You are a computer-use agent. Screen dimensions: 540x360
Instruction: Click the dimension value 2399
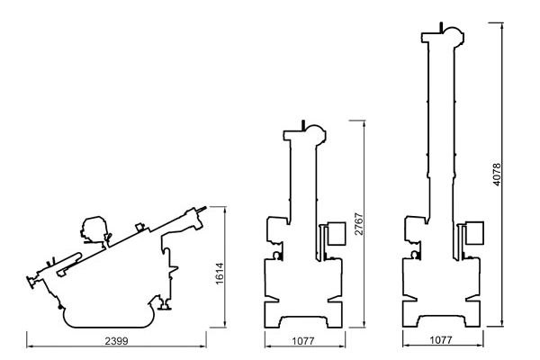[116, 341]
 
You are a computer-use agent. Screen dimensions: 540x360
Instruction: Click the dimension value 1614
[220, 274]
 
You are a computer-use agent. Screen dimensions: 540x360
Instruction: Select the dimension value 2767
[358, 224]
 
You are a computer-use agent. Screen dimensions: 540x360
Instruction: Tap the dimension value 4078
[497, 175]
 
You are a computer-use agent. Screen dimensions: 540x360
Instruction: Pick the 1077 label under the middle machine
[303, 341]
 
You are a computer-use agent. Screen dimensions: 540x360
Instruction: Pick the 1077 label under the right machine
[441, 340]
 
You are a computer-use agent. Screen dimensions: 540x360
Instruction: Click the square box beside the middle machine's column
[336, 234]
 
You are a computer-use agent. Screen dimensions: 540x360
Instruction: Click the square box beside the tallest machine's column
[474, 233]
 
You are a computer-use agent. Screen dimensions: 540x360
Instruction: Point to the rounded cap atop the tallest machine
[454, 35]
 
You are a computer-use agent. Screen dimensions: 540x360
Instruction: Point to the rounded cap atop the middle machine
[316, 133]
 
